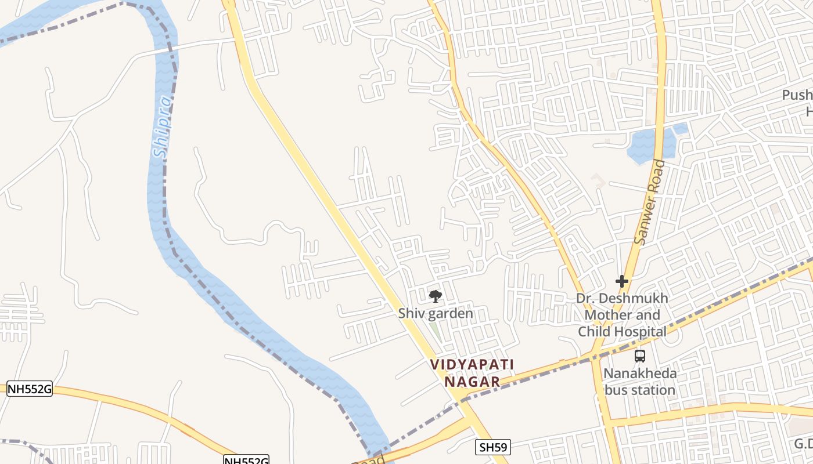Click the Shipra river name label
[163, 128]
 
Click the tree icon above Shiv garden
[435, 297]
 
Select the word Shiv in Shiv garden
[409, 314]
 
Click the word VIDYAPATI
[472, 365]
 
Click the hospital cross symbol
[622, 282]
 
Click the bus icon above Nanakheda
[639, 356]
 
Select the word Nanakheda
[639, 374]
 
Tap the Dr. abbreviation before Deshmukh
[585, 299]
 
